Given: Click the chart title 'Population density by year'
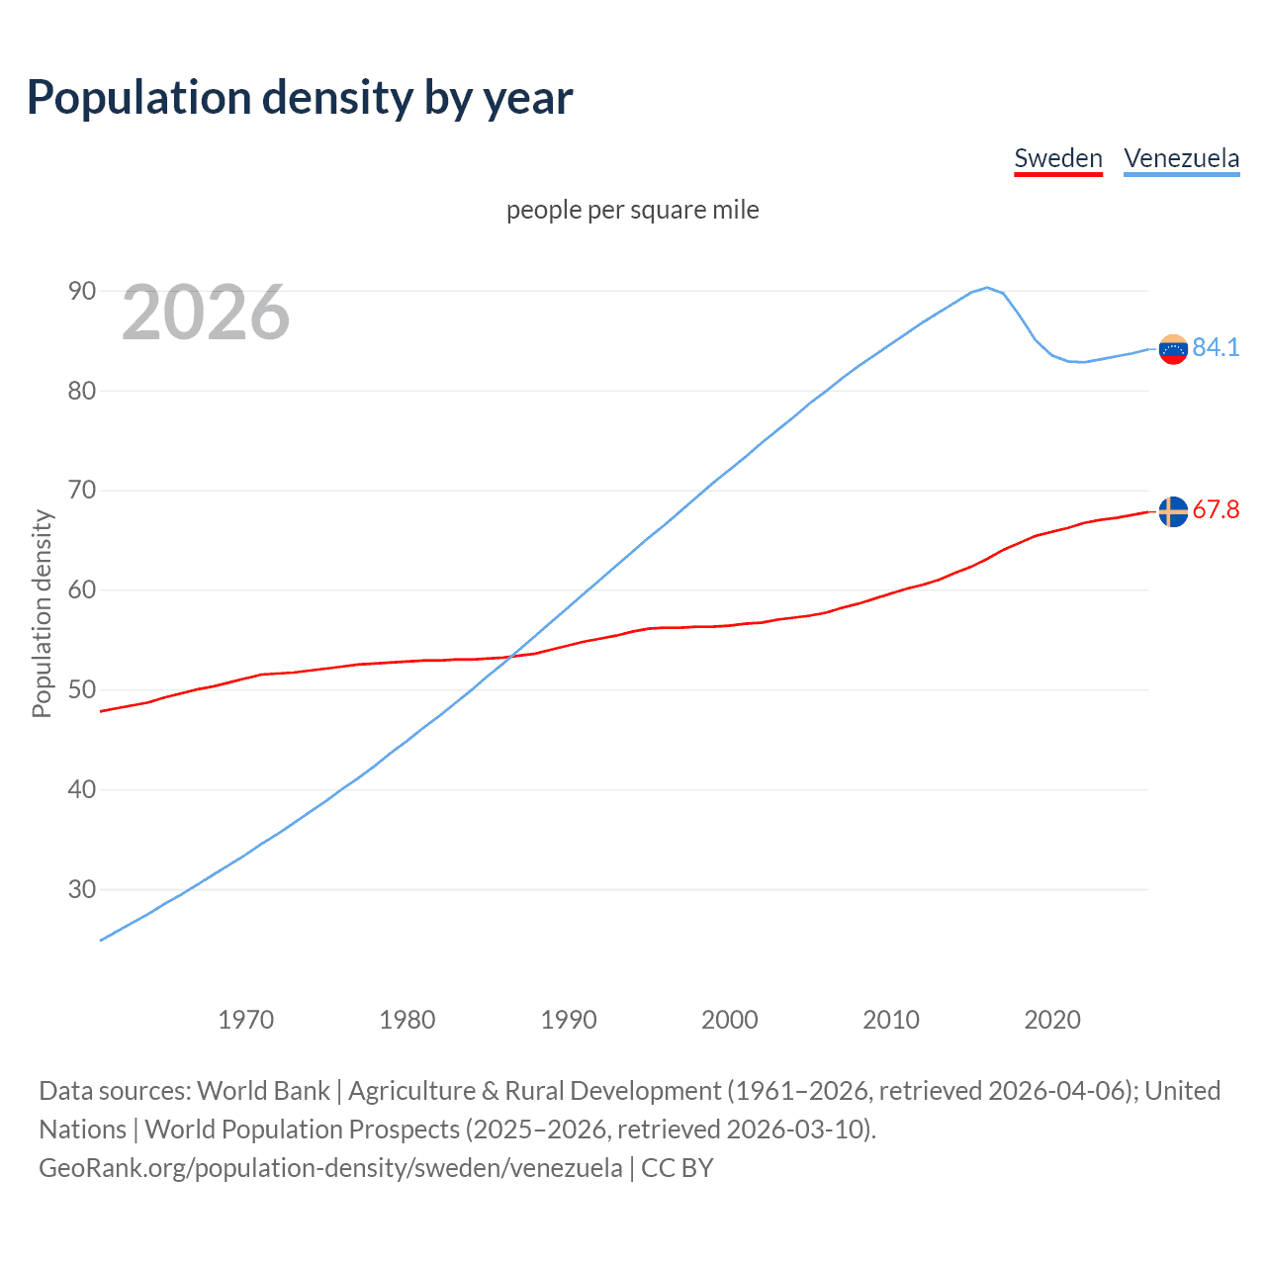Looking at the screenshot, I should (300, 98).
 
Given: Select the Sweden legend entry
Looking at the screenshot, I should (1058, 158).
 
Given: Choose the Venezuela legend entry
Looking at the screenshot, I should (1181, 158).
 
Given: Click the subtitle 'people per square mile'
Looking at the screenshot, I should (633, 210).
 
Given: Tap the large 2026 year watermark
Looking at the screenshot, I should (206, 313).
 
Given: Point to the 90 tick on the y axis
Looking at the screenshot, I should (82, 291).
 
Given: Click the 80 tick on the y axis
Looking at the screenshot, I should (82, 391).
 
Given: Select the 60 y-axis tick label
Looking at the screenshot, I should (82, 590).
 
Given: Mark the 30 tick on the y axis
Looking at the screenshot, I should (82, 889).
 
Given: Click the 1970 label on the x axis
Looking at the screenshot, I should (246, 1020).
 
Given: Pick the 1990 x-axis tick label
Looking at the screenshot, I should (569, 1020).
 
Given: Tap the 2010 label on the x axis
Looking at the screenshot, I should (891, 1020).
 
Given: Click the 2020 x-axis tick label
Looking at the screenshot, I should (1052, 1020).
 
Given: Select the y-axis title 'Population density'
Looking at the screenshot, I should (42, 613).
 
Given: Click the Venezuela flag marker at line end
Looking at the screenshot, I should (1173, 349).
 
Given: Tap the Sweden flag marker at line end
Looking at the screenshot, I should (1173, 511).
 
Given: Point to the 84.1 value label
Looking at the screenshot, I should (1216, 347).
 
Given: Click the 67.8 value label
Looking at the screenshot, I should (1216, 509).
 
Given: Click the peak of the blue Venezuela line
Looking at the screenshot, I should (986, 288).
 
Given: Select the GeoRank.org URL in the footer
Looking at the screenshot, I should (330, 1168).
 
